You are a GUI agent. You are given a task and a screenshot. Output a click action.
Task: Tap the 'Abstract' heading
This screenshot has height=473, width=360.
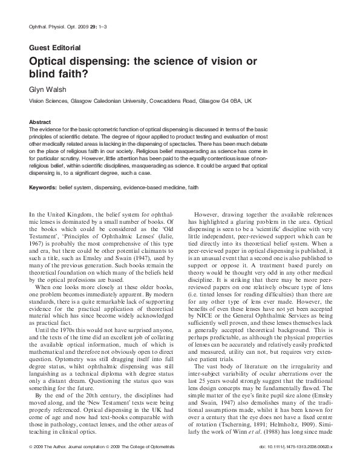pos(40,122)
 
